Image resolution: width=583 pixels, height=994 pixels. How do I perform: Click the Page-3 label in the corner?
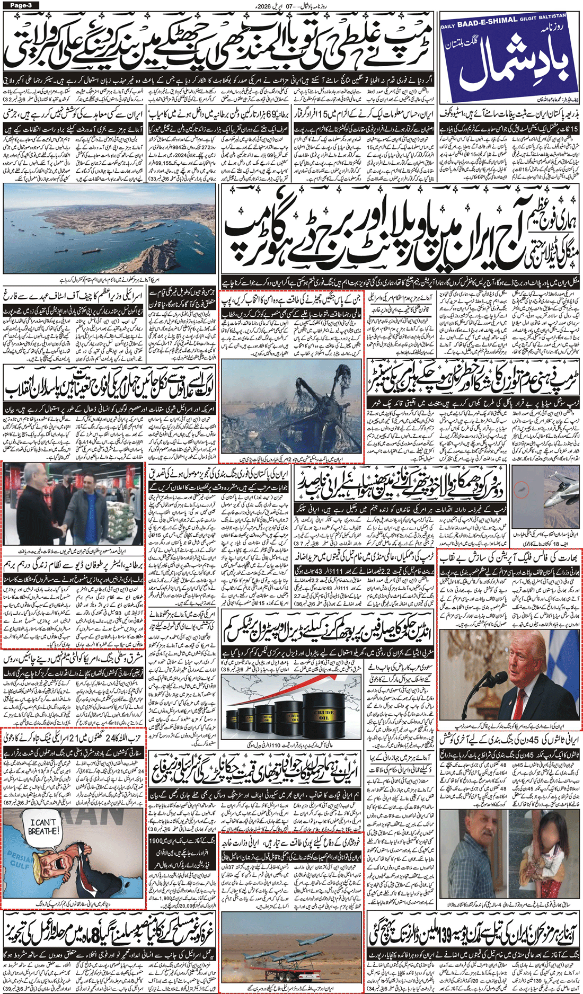[x=20, y=5]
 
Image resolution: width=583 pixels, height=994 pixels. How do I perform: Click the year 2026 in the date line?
[x=263, y=6]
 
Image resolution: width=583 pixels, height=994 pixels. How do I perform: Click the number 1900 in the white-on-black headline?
[x=157, y=840]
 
